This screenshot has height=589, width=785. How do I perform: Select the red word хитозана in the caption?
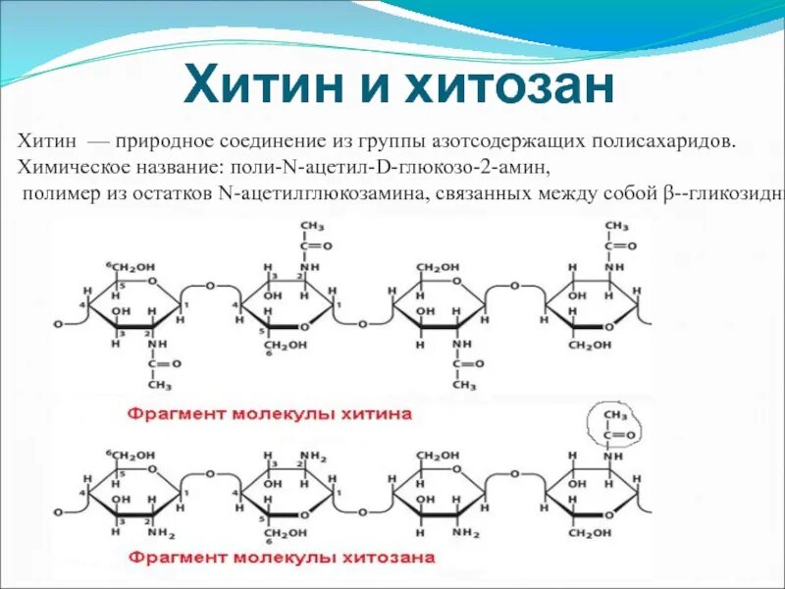tap(387, 559)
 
